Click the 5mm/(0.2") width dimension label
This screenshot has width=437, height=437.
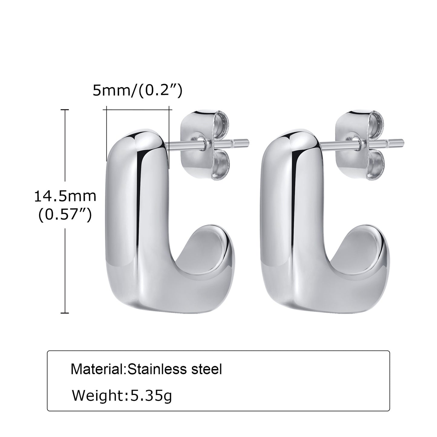(137, 90)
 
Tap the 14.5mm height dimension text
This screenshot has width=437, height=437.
(65, 196)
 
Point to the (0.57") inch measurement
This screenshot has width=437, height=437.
(65, 215)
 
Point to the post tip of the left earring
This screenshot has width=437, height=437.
(246, 141)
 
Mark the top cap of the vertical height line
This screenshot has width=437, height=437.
(65, 109)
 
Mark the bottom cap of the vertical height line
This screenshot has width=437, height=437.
(65, 313)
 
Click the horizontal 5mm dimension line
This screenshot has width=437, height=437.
(138, 109)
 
